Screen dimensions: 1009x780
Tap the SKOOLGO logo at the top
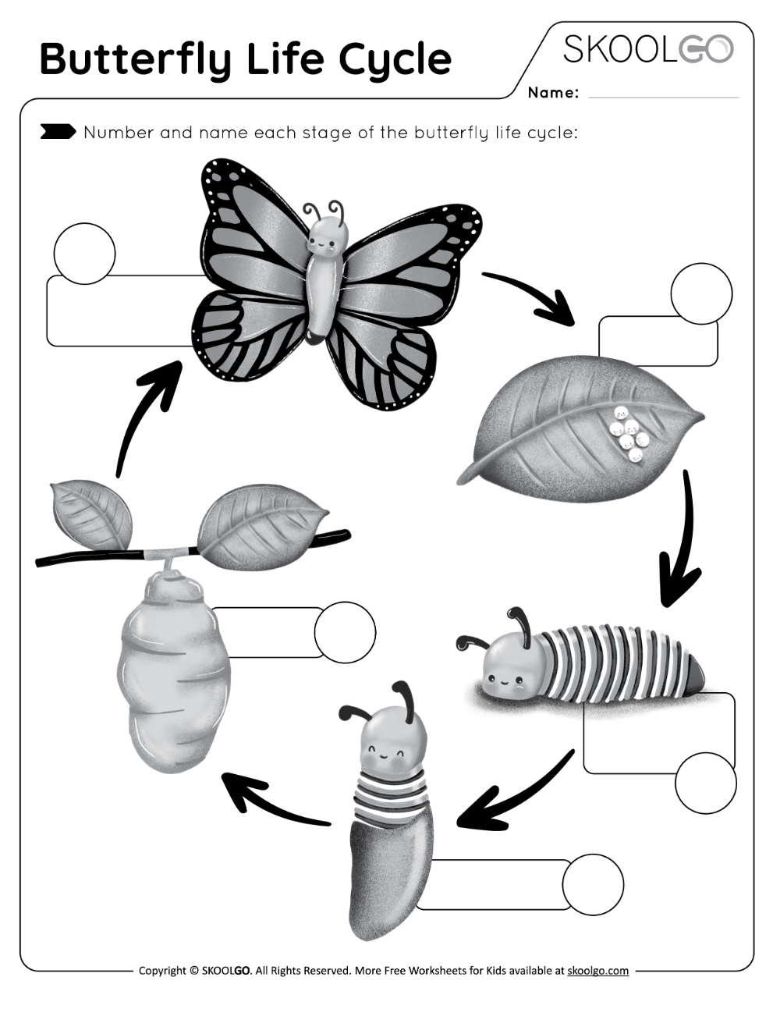[648, 49]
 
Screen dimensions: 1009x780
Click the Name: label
[553, 93]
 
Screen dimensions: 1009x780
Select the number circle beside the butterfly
[84, 254]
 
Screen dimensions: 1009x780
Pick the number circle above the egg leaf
[701, 293]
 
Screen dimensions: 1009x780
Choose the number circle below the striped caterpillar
[705, 783]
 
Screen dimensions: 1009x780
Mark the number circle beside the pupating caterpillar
[593, 884]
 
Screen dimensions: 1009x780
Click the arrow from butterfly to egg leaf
[531, 297]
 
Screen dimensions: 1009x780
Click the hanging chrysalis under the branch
[173, 671]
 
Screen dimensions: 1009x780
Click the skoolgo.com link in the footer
[597, 971]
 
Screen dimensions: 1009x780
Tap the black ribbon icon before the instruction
[58, 132]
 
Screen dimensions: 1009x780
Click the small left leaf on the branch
[90, 514]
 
